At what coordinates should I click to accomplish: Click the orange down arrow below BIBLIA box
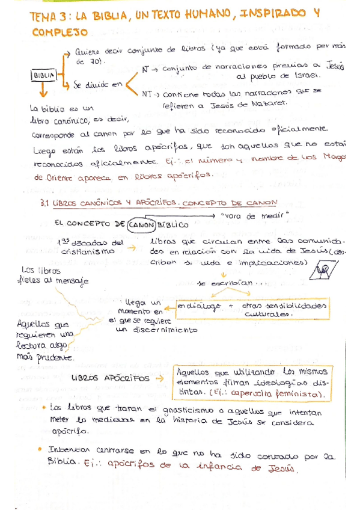point(43,91)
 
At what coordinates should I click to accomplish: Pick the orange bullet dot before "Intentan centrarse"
point(40,448)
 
